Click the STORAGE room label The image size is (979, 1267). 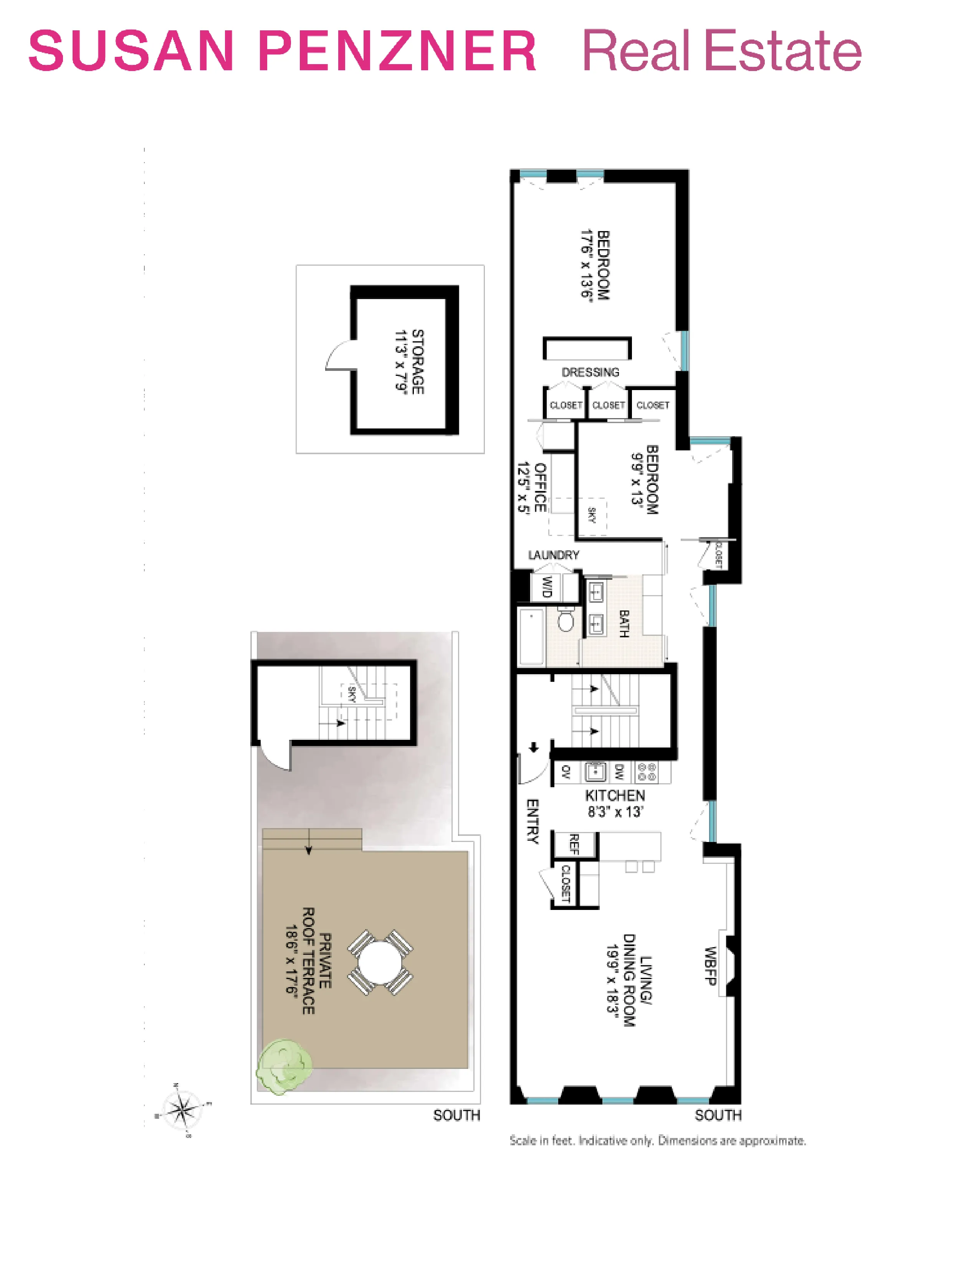click(x=418, y=362)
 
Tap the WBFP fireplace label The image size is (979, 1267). click(x=711, y=966)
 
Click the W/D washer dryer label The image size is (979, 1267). click(x=546, y=587)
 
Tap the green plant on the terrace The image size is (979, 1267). click(x=284, y=1065)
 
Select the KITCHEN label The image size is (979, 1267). click(x=615, y=796)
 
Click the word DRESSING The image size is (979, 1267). click(x=590, y=372)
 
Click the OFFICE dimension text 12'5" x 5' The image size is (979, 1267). click(x=524, y=487)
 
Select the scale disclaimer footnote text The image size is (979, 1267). click(x=658, y=1141)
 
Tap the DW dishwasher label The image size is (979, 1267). click(x=619, y=772)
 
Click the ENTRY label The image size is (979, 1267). click(x=532, y=821)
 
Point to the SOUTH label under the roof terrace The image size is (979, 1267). click(x=456, y=1115)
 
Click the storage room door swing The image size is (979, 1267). click(x=339, y=356)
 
